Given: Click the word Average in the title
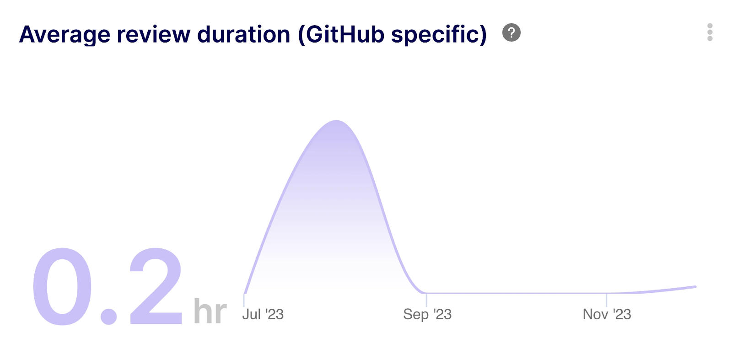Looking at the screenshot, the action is (65, 35).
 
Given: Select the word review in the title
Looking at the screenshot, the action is (154, 34).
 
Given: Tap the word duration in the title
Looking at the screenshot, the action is (243, 34).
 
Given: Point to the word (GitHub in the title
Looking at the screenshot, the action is (341, 35).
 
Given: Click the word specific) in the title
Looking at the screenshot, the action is (439, 35).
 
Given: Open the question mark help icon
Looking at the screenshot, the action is (511, 32).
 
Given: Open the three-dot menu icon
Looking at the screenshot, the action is (710, 32).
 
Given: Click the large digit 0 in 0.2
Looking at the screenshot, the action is (62, 286).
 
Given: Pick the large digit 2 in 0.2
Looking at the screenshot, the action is (156, 286).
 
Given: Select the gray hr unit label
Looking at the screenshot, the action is (210, 311).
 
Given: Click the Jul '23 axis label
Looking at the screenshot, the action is (263, 314).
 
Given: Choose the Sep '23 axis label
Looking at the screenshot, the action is (427, 314).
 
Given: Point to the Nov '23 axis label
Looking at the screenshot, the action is (607, 314).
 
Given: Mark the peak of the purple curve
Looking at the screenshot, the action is (336, 121).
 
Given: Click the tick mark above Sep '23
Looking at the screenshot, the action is (426, 300).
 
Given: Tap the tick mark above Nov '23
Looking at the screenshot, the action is (607, 300).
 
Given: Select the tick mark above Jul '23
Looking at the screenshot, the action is (244, 300).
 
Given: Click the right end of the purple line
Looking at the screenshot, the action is (696, 287).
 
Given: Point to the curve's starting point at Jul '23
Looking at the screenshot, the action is (245, 293).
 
